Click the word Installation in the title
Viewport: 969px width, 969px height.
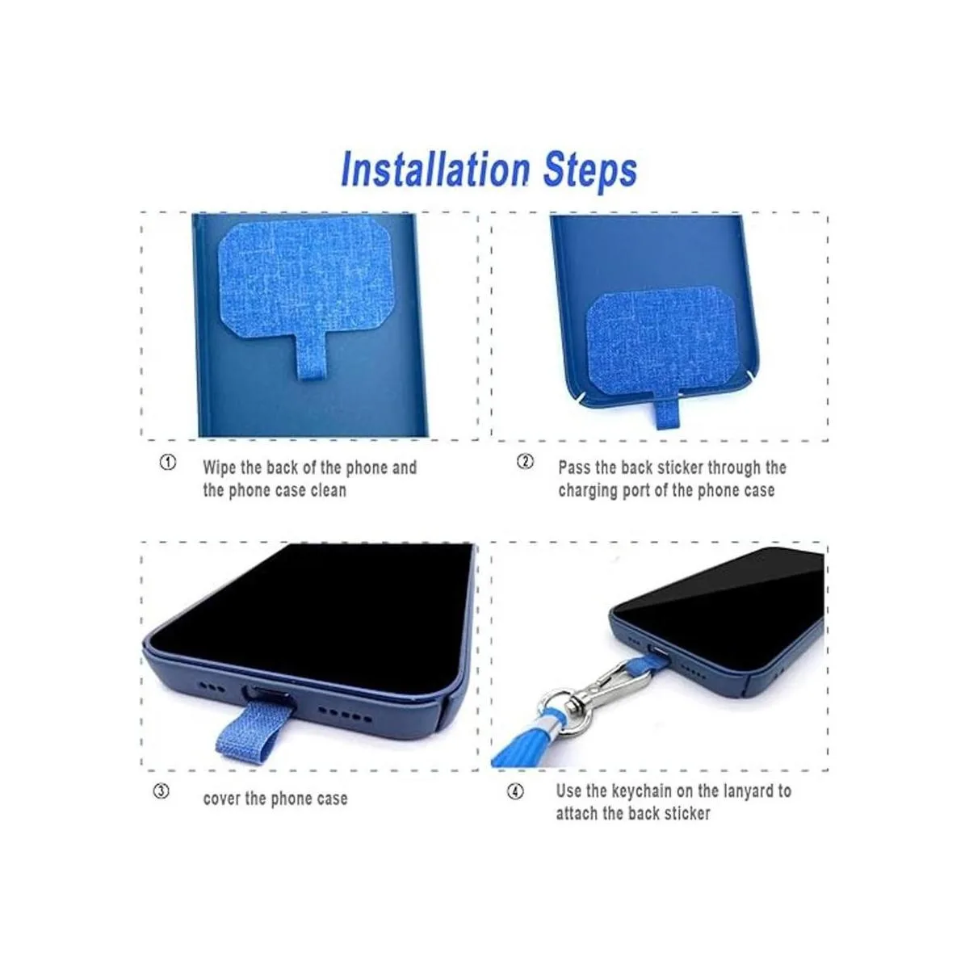click(435, 169)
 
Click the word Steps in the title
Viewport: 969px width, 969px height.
click(590, 171)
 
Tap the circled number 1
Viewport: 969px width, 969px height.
click(168, 462)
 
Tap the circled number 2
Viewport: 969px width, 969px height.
click(525, 461)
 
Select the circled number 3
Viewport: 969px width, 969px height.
click(161, 791)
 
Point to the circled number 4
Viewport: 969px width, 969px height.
click(515, 791)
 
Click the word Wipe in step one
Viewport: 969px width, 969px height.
click(220, 468)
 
